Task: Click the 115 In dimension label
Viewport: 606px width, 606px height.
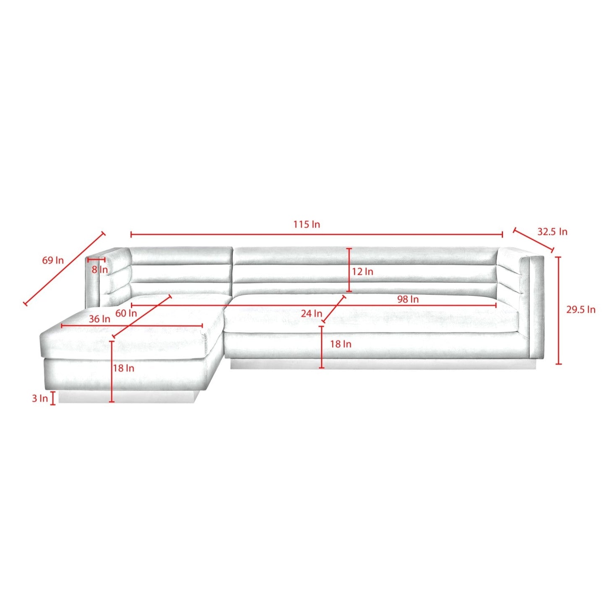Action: coord(307,224)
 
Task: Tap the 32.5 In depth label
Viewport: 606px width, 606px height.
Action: coord(552,232)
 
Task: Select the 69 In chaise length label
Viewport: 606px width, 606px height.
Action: coord(53,260)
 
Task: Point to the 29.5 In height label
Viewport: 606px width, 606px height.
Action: coord(581,310)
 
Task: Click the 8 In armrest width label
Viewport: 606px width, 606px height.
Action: coord(100,270)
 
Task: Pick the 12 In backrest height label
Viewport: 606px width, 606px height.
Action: coord(362,271)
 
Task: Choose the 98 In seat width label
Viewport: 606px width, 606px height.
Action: coord(408,299)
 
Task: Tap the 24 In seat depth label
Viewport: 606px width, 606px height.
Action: coord(311,313)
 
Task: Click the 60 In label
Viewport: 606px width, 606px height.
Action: coord(126,313)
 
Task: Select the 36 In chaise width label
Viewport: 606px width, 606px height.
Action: coord(99,319)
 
